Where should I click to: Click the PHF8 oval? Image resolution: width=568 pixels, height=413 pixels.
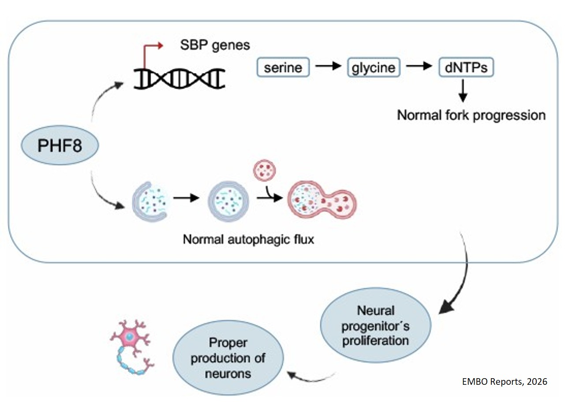pyautogui.click(x=59, y=145)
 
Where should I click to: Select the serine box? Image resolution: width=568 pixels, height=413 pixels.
pyautogui.click(x=283, y=68)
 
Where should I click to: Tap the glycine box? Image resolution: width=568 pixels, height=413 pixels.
pyautogui.click(x=374, y=68)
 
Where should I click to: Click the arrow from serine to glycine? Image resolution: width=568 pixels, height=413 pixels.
pyautogui.click(x=329, y=67)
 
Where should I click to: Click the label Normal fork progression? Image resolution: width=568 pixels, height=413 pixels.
pyautogui.click(x=471, y=115)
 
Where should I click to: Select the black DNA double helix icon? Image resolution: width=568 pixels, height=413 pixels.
pyautogui.click(x=179, y=79)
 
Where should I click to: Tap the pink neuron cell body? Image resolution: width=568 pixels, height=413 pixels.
pyautogui.click(x=130, y=338)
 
